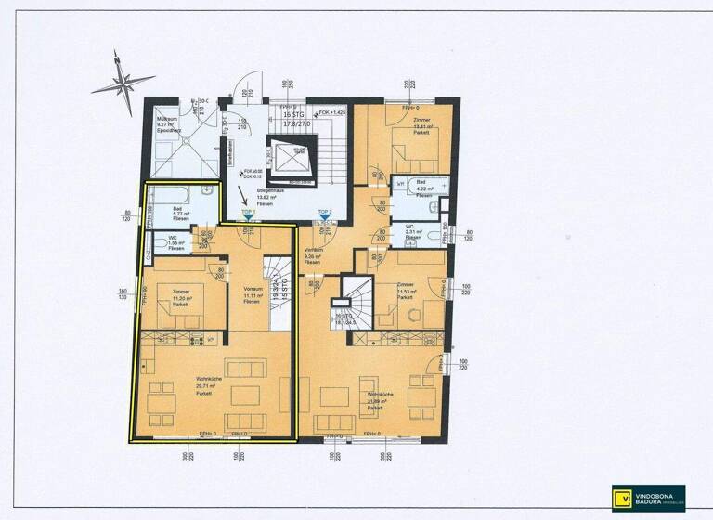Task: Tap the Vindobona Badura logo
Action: [x=648, y=496]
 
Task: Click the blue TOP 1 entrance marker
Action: [x=248, y=216]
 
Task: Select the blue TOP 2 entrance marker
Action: [x=324, y=216]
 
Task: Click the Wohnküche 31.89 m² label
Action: [x=376, y=402]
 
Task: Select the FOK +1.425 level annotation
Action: [x=331, y=112]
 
